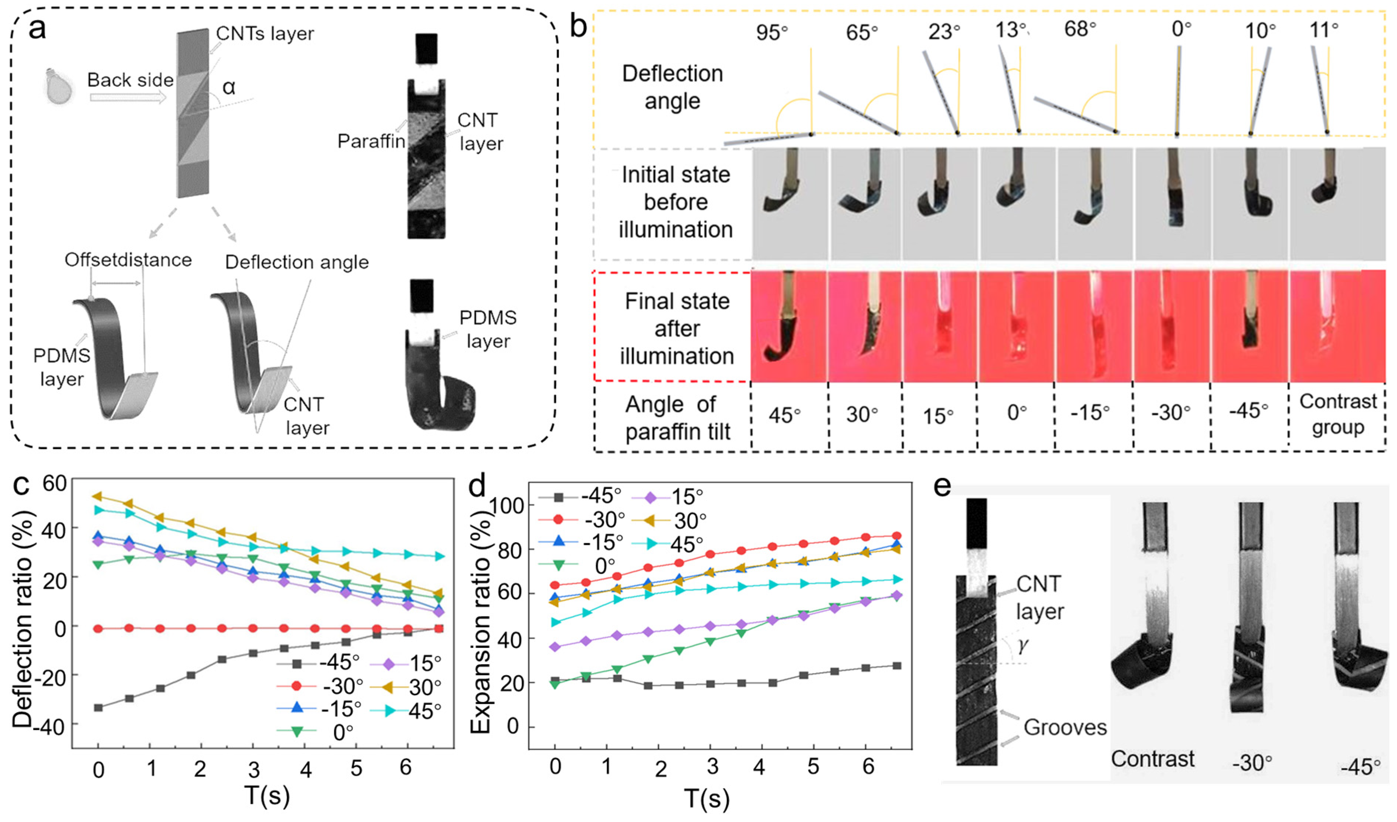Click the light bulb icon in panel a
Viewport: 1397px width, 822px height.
point(60,86)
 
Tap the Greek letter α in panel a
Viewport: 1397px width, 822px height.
point(228,87)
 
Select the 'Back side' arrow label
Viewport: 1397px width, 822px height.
point(130,80)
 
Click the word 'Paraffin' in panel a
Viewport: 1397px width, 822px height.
point(371,141)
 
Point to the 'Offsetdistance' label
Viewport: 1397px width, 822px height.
point(128,259)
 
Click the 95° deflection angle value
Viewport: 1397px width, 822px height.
point(772,32)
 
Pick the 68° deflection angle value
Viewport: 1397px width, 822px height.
point(1080,29)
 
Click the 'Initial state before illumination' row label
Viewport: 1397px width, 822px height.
point(675,202)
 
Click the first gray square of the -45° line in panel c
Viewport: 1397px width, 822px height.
point(99,707)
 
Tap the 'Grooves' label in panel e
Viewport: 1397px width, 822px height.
point(1064,727)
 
